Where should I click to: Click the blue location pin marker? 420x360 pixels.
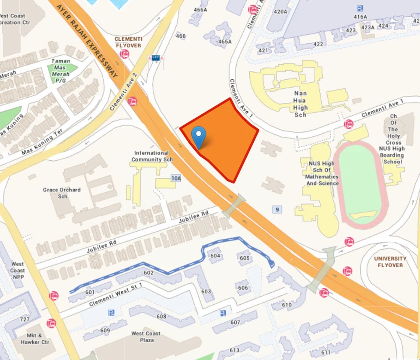(x=199, y=137)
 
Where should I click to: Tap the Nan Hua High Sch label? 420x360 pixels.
(x=301, y=104)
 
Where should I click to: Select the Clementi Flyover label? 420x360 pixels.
(x=128, y=42)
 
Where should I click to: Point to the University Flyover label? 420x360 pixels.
(x=390, y=262)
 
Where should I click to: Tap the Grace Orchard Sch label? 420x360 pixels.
(x=62, y=193)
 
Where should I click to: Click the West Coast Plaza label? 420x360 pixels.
(x=146, y=337)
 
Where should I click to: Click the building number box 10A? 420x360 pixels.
(x=176, y=178)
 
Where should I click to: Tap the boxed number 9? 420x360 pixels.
(x=277, y=210)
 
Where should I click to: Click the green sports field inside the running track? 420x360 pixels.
(x=360, y=184)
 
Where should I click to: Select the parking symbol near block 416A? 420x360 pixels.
(x=360, y=8)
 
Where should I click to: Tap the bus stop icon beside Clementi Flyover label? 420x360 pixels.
(x=125, y=54)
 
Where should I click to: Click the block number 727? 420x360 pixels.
(x=25, y=319)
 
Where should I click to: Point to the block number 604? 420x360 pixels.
(x=215, y=256)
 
